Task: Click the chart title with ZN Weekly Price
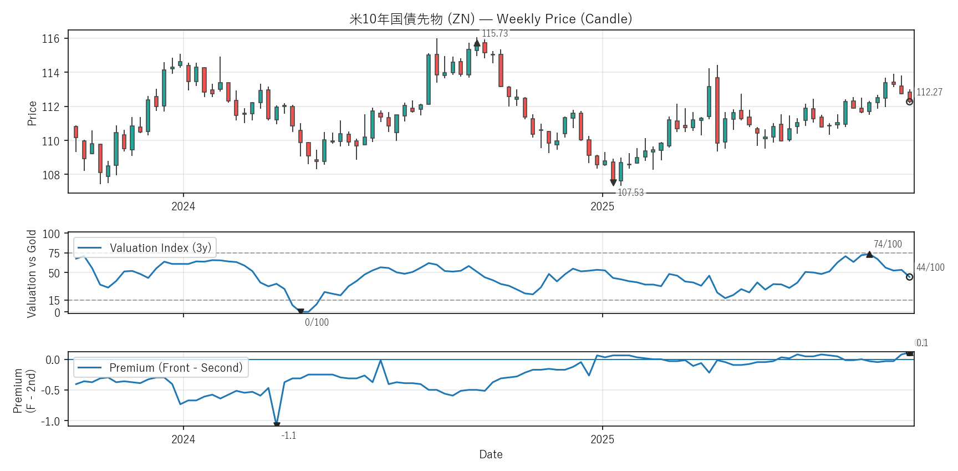(491, 19)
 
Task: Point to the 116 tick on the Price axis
(50, 39)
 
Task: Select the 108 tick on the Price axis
(50, 175)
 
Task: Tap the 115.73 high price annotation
(495, 33)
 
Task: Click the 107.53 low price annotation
(630, 193)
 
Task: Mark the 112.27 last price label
(929, 92)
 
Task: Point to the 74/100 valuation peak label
(888, 244)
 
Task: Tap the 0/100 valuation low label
(317, 322)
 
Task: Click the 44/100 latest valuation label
(930, 267)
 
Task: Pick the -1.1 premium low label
(289, 435)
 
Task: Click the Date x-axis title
(491, 454)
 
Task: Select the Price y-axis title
(32, 113)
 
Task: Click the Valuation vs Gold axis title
(32, 274)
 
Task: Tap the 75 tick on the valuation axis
(54, 254)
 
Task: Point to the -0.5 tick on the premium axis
(50, 391)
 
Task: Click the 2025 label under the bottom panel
(602, 439)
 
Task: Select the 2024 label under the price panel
(183, 206)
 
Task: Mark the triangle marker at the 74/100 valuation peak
(869, 255)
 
